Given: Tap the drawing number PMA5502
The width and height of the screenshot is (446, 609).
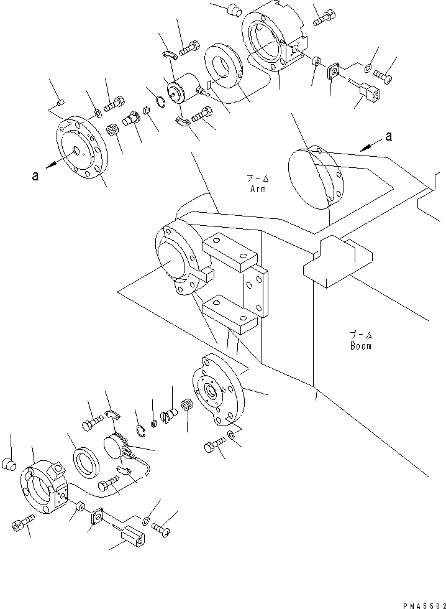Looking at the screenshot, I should [419, 604].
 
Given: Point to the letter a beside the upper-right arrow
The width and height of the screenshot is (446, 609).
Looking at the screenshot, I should [389, 137].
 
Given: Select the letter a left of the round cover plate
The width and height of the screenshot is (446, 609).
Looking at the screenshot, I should [35, 176].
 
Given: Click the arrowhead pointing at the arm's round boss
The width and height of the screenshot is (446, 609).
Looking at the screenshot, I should [365, 146].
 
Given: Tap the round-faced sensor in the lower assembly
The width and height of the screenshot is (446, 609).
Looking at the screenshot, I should [114, 447].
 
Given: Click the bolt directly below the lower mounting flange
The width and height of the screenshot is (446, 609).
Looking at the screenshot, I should [213, 447].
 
